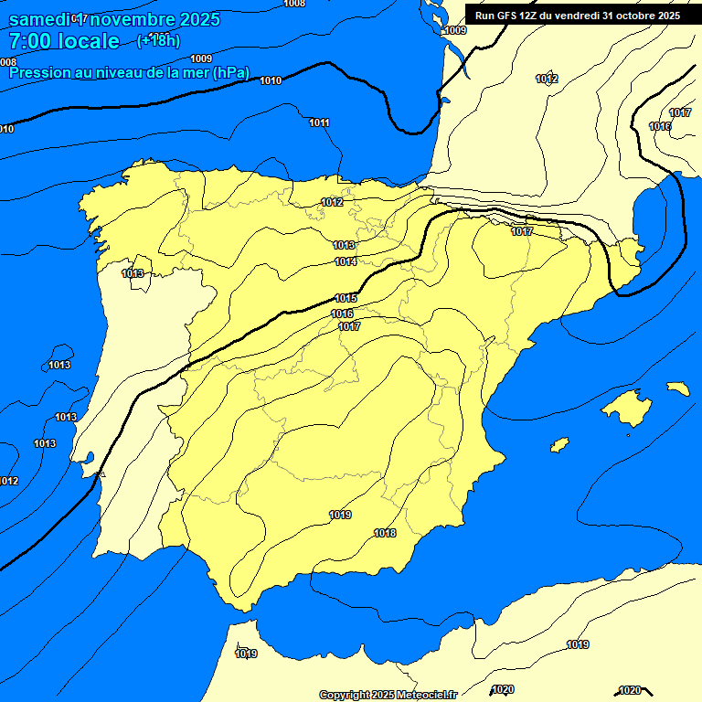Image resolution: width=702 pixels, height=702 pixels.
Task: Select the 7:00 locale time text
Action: coord(64,41)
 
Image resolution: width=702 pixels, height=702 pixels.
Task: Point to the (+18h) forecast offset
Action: coord(158,40)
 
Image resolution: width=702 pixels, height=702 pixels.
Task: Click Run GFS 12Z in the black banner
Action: coord(506,15)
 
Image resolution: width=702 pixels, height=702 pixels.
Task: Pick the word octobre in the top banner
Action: coord(632,15)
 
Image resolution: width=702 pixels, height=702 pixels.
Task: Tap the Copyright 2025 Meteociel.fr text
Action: coord(388,695)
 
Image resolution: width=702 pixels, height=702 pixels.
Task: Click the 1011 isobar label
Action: coord(319,122)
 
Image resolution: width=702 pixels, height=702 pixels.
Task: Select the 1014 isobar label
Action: coord(346,262)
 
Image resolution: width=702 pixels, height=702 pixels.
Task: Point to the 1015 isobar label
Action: coord(346,299)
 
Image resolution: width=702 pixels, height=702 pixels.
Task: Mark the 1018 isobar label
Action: coord(385,533)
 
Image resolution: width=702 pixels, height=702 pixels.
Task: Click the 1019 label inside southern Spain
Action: coord(340,516)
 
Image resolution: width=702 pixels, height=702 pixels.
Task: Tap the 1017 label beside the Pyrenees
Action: coord(522,232)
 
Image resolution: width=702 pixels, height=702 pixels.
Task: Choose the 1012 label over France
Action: coord(547,80)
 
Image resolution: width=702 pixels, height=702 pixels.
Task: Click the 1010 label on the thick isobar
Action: coord(271,81)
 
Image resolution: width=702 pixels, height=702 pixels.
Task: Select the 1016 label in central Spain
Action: coord(342,314)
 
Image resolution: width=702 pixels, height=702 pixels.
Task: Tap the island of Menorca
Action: coord(678,388)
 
